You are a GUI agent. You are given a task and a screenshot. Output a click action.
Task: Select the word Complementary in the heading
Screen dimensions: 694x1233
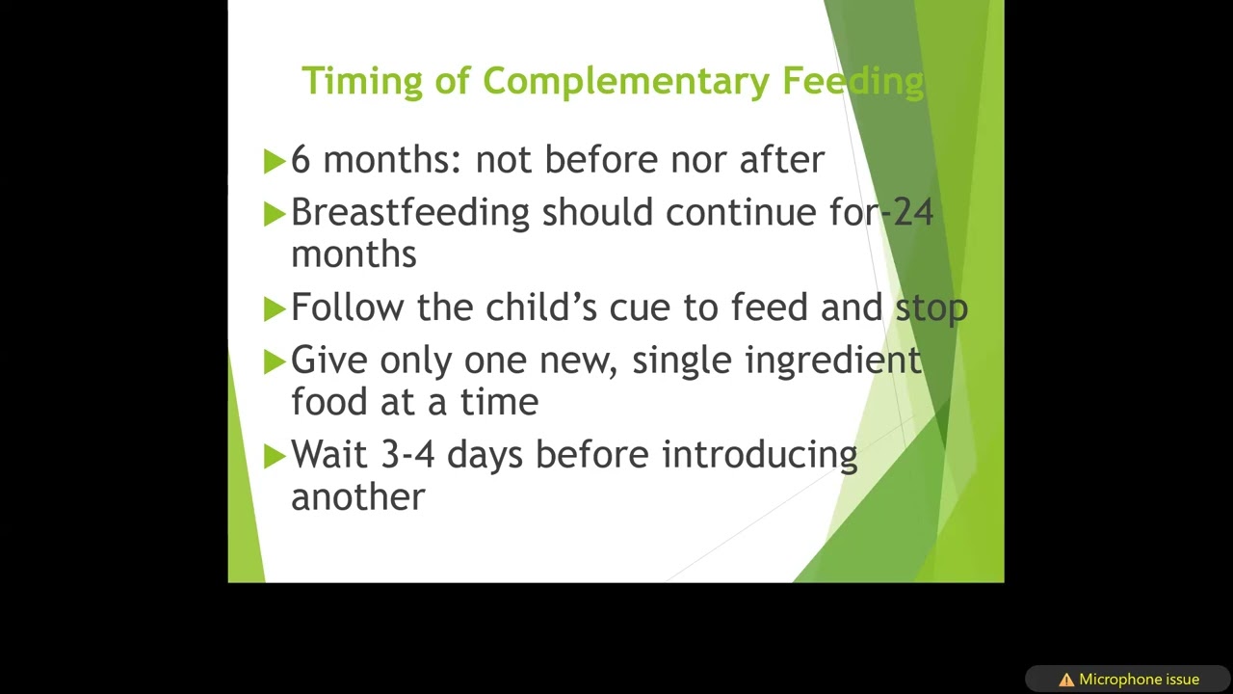point(626,81)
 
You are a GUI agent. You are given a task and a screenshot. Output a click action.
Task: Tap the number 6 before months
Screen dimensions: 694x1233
point(301,160)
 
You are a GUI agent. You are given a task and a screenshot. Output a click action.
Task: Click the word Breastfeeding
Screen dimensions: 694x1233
point(410,212)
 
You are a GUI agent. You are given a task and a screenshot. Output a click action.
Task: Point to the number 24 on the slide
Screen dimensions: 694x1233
point(913,212)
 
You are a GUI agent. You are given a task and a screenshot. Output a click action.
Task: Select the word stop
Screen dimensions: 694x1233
point(931,308)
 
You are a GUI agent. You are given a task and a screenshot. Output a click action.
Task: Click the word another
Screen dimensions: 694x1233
point(357,497)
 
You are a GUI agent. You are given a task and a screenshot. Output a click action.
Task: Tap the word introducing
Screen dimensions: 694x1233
point(759,455)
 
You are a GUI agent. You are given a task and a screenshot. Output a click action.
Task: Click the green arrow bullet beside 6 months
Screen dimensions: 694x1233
point(275,161)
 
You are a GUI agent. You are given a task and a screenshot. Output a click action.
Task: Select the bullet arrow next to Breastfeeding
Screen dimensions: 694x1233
point(275,213)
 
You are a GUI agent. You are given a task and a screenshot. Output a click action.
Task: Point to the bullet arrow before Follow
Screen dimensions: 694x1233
point(275,308)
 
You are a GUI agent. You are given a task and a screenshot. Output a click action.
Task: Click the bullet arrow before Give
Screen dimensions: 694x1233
point(275,361)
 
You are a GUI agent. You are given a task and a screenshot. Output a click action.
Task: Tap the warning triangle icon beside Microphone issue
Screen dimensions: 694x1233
point(1066,680)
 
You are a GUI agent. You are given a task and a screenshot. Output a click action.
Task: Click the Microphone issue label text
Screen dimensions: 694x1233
point(1139,680)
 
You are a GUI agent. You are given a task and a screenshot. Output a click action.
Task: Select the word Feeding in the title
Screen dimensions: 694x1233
point(853,81)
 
